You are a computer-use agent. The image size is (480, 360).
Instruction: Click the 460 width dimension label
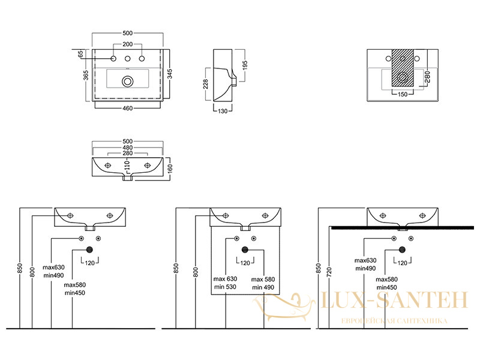point(128,108)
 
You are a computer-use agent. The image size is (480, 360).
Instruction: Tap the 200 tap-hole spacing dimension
point(128,44)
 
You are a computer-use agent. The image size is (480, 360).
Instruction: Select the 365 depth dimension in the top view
point(86,76)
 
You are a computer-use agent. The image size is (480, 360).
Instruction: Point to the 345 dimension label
point(170,74)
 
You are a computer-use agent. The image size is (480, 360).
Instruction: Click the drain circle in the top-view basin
point(127,81)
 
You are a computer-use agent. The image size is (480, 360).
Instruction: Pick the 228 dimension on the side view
point(205,84)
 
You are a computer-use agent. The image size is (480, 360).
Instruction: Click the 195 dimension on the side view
point(245,65)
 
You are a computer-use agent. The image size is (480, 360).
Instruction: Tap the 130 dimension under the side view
point(223,111)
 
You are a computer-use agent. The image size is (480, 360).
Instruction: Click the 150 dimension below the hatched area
point(403,94)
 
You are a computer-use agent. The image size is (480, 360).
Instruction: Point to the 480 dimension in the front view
point(128,147)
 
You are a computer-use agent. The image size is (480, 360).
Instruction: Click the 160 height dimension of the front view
point(170,169)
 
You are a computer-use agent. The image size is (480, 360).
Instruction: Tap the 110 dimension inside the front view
point(128,166)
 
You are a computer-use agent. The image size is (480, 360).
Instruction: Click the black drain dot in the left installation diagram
point(89,250)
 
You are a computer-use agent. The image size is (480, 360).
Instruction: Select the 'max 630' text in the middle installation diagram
point(226,279)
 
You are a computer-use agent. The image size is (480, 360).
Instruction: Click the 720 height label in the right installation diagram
point(329,272)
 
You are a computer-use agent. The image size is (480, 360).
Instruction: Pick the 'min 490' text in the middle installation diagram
point(263,287)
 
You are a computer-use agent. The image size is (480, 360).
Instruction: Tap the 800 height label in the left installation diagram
point(32,272)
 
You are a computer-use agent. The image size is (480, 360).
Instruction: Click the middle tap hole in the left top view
point(128,58)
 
